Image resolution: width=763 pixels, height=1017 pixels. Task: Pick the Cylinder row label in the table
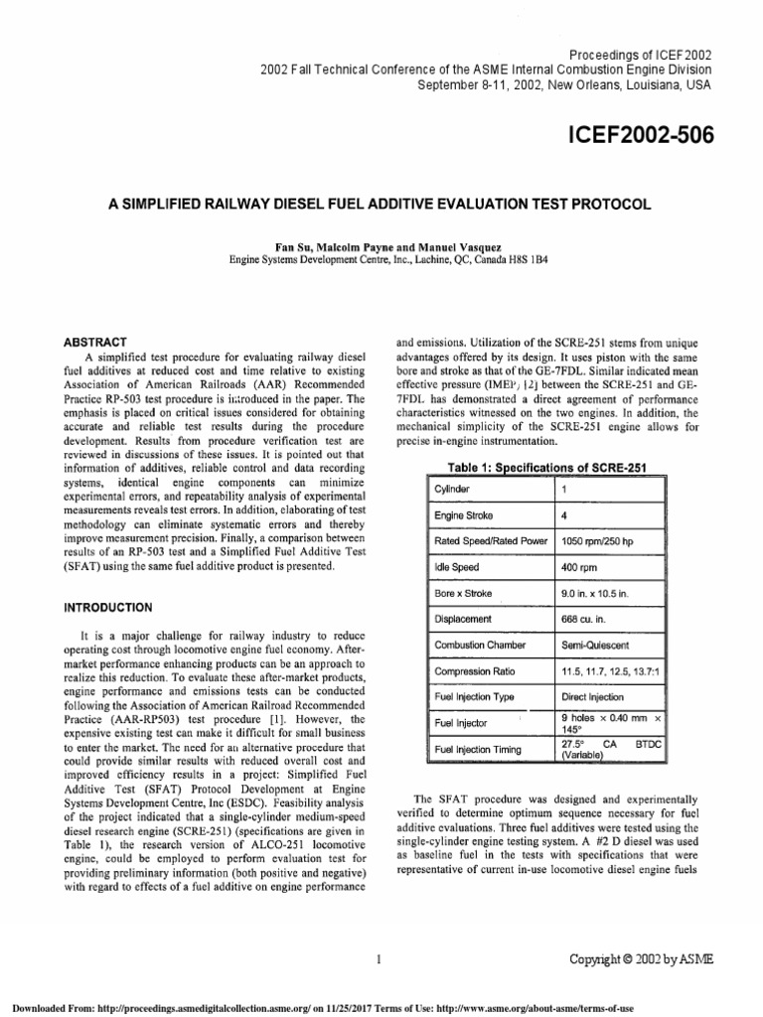point(453,490)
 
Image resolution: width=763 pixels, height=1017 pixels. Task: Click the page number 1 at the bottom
point(381,958)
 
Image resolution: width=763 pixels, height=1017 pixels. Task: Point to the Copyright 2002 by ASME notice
point(640,958)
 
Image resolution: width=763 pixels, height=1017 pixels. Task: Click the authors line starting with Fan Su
point(381,244)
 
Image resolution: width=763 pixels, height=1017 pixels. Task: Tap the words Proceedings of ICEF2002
point(639,55)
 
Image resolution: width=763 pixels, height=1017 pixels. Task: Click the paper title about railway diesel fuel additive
point(381,204)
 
